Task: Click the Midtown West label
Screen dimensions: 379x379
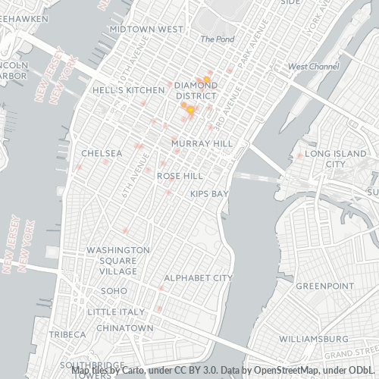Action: [x=146, y=29]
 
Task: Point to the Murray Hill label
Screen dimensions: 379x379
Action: [x=201, y=143]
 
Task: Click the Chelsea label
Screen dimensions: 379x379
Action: [x=102, y=153]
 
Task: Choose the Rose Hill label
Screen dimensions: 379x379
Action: [x=179, y=175]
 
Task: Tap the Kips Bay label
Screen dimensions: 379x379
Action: [x=209, y=194]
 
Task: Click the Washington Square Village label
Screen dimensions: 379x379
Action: [x=117, y=260]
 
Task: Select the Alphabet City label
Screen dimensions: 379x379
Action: [x=198, y=278]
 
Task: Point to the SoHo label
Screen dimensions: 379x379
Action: [x=114, y=290]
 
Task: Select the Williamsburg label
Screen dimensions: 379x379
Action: [x=313, y=338]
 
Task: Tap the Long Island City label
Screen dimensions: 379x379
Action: [x=334, y=158]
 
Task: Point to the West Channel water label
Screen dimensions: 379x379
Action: [x=314, y=67]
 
